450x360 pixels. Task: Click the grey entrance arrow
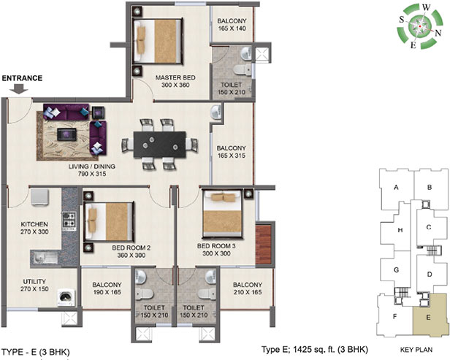[x=19, y=88]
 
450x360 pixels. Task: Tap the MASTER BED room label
[x=175, y=77]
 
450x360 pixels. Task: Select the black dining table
[x=160, y=145]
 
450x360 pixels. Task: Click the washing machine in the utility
[x=66, y=298]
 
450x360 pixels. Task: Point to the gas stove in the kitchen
[x=69, y=221]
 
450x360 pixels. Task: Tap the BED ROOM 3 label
[x=216, y=246]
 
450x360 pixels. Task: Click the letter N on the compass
[x=438, y=33]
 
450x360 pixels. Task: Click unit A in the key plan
[x=397, y=188]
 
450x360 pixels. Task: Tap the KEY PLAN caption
[x=416, y=350]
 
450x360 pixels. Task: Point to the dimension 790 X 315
[x=92, y=174]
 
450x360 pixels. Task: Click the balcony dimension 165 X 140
[x=232, y=28]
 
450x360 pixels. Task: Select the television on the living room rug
[x=66, y=134]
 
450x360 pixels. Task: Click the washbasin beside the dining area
[x=216, y=112]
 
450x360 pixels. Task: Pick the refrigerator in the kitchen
[x=39, y=196]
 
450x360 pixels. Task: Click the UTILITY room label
[x=34, y=281]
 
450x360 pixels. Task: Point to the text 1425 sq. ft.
[x=314, y=350]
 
